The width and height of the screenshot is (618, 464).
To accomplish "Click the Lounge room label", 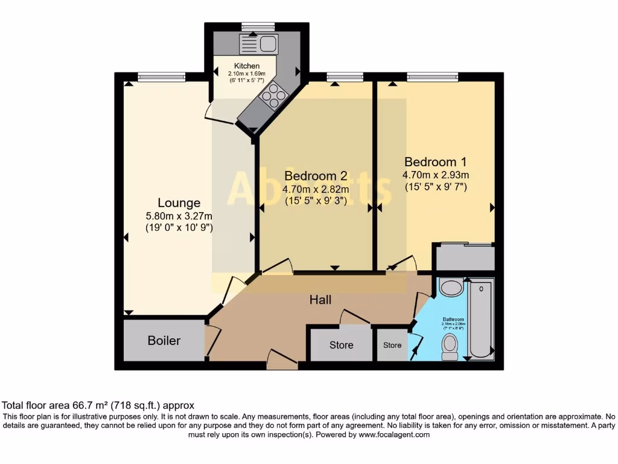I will click(179, 203).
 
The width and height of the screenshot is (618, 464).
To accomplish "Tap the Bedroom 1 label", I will click(435, 162).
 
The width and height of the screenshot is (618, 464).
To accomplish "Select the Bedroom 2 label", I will click(316, 176).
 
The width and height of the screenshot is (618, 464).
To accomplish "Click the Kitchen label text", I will click(247, 66).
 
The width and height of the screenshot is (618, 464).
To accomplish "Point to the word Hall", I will click(320, 300).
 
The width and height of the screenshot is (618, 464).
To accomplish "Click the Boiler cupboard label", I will click(164, 341).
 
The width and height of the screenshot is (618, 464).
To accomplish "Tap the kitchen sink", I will click(258, 43).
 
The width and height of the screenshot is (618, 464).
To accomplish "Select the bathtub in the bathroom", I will click(481, 318).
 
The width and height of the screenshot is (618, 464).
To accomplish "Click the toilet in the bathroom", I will click(450, 347).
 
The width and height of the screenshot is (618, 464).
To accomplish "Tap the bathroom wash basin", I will click(451, 287).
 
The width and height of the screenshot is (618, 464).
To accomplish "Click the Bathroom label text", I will click(453, 319).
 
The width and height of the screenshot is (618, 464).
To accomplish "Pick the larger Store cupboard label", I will click(341, 345).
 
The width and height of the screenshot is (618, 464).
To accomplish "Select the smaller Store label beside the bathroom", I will click(392, 345).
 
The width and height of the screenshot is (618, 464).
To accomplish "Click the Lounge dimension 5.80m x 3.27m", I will click(179, 216).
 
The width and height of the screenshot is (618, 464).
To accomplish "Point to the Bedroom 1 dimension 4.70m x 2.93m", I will click(435, 175).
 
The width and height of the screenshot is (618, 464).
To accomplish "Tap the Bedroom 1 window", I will click(432, 76).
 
